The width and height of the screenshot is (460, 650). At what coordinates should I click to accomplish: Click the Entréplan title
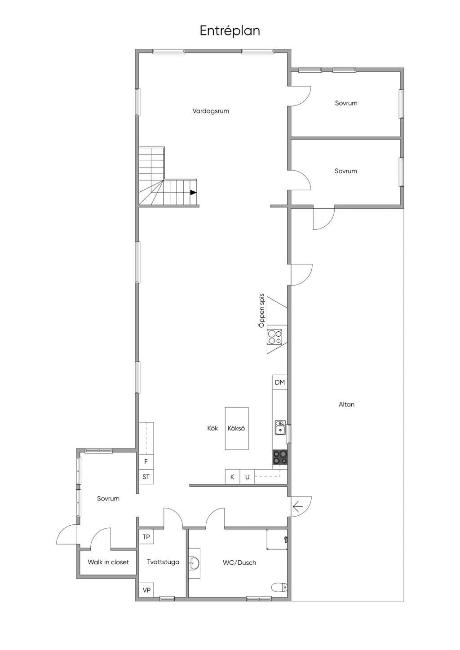pyautogui.click(x=230, y=31)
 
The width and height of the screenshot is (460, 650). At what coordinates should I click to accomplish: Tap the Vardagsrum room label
pyautogui.click(x=211, y=111)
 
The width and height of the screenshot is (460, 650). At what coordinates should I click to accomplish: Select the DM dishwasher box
pyautogui.click(x=280, y=382)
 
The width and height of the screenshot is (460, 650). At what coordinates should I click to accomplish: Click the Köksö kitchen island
pyautogui.click(x=237, y=428)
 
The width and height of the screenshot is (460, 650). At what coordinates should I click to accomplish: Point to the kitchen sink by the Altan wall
pyautogui.click(x=280, y=427)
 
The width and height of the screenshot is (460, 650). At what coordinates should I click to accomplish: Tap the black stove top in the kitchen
pyautogui.click(x=280, y=457)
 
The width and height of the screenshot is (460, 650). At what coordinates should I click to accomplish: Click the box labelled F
pyautogui.click(x=146, y=461)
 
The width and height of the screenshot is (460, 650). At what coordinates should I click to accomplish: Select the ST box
pyautogui.click(x=146, y=476)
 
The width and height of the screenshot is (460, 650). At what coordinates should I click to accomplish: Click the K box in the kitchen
pyautogui.click(x=232, y=477)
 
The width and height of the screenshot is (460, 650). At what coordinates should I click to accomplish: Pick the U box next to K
pyautogui.click(x=248, y=477)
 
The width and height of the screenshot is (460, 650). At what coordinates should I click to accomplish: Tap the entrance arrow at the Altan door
pyautogui.click(x=298, y=507)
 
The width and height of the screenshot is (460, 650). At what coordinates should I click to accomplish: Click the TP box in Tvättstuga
pyautogui.click(x=146, y=537)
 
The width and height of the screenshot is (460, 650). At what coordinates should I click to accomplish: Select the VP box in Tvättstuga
pyautogui.click(x=146, y=590)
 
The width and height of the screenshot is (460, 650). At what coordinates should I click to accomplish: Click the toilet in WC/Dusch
pyautogui.click(x=279, y=588)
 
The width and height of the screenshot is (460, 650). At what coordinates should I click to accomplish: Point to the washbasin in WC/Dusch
pyautogui.click(x=194, y=563)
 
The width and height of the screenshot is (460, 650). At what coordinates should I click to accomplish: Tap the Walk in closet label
pyautogui.click(x=108, y=562)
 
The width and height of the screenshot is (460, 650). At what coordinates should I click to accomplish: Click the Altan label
pyautogui.click(x=346, y=404)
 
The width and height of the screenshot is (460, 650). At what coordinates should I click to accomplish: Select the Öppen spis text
pyautogui.click(x=261, y=311)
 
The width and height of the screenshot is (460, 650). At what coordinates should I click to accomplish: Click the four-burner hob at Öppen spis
pyautogui.click(x=275, y=337)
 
